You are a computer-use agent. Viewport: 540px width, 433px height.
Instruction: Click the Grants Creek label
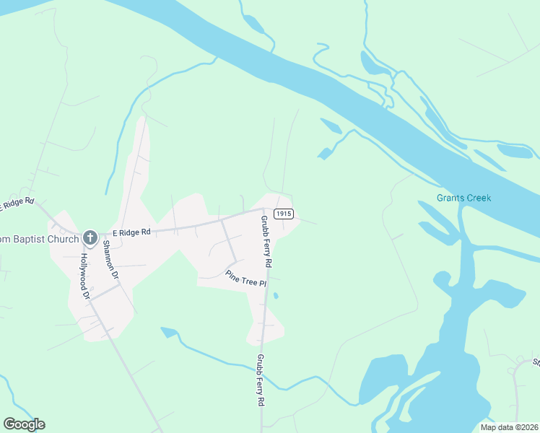[x=463, y=198]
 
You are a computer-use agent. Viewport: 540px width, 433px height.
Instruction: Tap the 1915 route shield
[x=284, y=214]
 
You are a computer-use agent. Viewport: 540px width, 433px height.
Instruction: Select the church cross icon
[x=90, y=237]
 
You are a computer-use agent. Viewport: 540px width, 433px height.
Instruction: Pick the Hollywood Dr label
[x=84, y=276]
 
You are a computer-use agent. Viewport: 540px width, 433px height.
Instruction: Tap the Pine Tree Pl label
[x=245, y=279]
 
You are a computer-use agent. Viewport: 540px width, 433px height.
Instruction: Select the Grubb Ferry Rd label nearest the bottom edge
[x=261, y=380]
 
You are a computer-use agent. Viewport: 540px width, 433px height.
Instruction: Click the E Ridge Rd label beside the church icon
[x=131, y=232]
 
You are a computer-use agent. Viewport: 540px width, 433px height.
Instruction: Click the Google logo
[x=24, y=424]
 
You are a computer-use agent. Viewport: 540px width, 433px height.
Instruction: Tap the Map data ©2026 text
[x=508, y=427]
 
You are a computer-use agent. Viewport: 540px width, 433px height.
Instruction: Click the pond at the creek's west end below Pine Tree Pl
[x=169, y=332]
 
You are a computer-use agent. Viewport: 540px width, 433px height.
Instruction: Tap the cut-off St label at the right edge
[x=536, y=362]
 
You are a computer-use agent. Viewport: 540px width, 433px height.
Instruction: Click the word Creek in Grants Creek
[x=477, y=198]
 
